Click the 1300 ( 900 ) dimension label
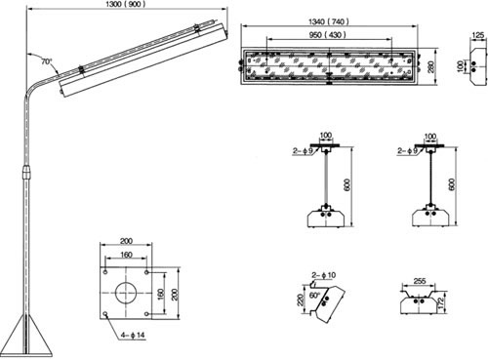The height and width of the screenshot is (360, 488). pos(126,4)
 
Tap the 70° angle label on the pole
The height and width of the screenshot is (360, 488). pos(47,61)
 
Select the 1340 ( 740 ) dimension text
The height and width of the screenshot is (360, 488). pos(329,21)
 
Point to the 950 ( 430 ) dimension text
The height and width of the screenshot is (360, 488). pos(327,34)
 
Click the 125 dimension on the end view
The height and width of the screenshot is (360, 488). pos(478,35)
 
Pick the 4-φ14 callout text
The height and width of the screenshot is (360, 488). pos(133,335)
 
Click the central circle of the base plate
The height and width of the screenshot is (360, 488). pos(126,293)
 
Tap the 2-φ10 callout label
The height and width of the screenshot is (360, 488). pos(324,275)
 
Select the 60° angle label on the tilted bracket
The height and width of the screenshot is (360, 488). pos(315,296)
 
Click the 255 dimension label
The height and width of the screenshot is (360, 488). pos(419,281)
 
